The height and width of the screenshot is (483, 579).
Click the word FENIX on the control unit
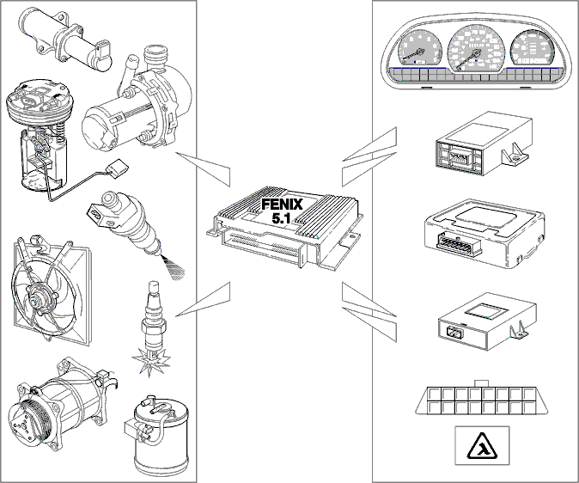pos(282,205)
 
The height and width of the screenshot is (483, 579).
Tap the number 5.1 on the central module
pos(281,218)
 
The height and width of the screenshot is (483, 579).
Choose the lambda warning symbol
pos(482,445)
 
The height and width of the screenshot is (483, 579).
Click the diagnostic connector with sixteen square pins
pos(482,398)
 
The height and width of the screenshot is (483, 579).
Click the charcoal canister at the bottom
pos(161,435)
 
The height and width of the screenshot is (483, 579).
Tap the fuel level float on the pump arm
pos(119,168)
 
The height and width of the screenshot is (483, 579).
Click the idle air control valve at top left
pos(66,37)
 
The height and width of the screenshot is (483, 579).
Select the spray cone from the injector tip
pos(171,266)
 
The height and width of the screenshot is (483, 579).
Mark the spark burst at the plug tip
pos(150,359)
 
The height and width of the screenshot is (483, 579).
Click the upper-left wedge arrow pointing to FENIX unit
pos(203,168)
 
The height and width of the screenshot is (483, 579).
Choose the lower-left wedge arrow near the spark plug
pos(203,298)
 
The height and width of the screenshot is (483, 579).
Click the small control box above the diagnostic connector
pos(487,321)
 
